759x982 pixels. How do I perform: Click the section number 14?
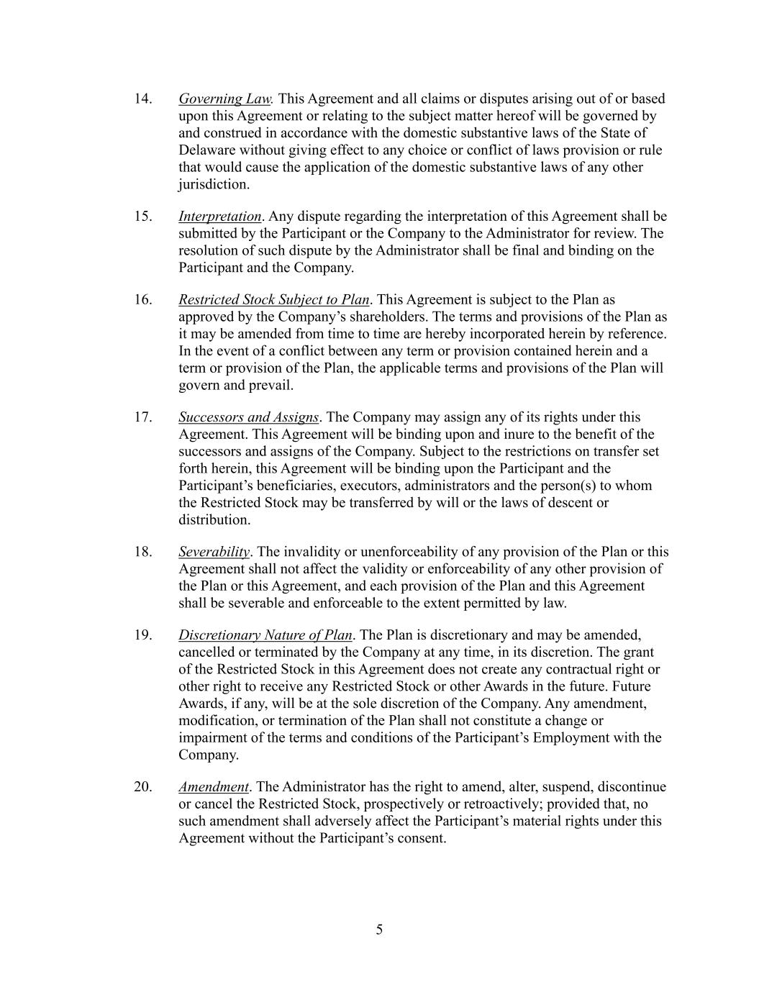142,99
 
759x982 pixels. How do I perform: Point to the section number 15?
142,217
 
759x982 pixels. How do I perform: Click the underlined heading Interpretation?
219,217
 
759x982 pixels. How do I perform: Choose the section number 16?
142,300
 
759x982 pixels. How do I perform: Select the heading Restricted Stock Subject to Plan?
273,300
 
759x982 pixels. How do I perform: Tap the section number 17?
142,417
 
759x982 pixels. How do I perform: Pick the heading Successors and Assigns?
248,417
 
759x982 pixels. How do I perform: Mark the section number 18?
142,552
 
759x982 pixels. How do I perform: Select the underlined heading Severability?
214,552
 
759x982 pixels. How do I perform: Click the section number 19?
142,635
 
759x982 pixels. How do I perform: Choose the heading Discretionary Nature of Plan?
265,635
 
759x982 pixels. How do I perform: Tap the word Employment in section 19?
571,738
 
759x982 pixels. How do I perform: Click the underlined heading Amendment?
213,787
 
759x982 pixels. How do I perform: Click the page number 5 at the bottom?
379,930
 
